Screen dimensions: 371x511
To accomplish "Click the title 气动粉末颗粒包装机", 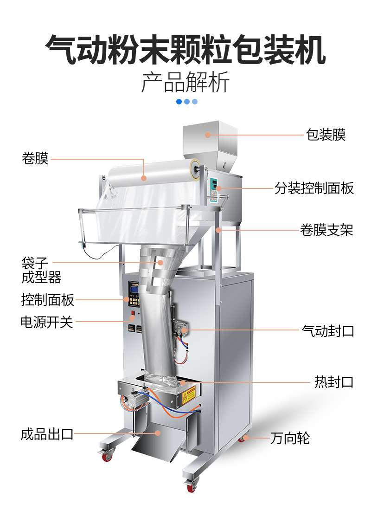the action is [185, 49].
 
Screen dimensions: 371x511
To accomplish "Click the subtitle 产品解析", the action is [185, 82].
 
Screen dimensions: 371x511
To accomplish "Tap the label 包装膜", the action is [326, 135].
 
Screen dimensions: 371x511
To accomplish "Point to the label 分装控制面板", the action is [314, 188].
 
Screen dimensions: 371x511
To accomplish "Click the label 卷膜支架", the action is [326, 229].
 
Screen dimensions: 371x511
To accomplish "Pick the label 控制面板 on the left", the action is [47, 300].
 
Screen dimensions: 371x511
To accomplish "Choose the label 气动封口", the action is [327, 330].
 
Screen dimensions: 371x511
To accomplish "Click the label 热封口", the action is [334, 382].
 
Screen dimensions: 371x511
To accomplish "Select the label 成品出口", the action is [47, 434].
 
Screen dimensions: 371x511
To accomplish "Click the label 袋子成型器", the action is [41, 270].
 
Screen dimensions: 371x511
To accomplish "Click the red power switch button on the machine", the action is [132, 318].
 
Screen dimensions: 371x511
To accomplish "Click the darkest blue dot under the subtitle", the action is [179, 102].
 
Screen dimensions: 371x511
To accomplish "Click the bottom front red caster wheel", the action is [191, 487].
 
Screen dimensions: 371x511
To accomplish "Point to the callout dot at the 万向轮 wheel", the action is [246, 437].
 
